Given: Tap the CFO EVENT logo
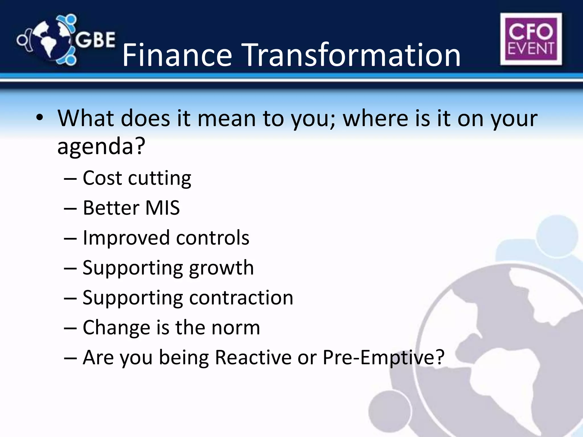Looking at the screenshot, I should point(531,39).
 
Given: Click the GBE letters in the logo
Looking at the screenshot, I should point(95,40).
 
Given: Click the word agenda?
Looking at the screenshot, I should point(101,146).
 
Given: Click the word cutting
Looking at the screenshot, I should point(159,178).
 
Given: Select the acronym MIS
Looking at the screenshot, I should point(163,208).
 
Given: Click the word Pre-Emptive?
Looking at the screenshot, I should point(383,357).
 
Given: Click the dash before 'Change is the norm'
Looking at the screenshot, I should point(70,328).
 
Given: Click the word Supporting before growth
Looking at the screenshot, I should point(132,268).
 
